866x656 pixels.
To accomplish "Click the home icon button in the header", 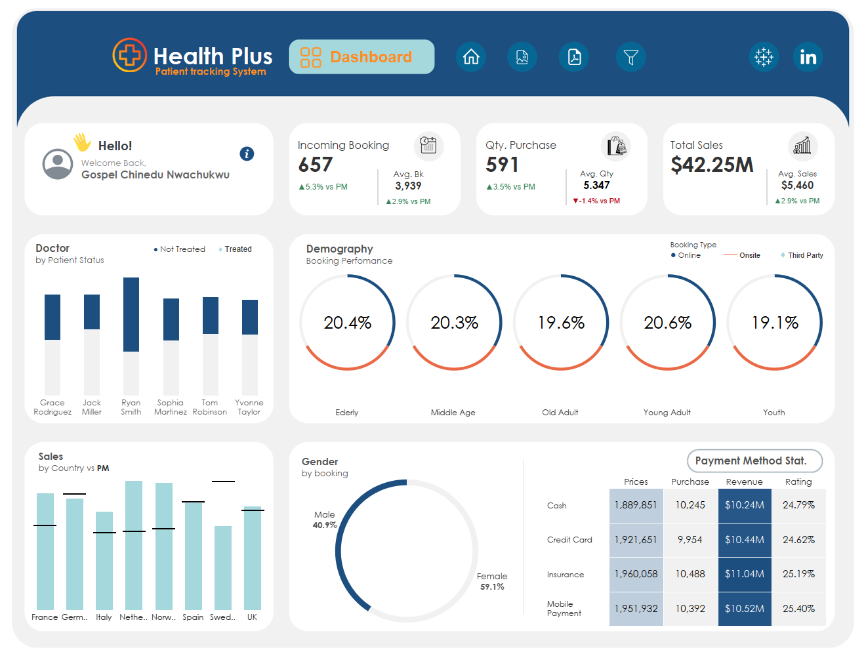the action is pos(470,57).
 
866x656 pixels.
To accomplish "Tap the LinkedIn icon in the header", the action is pos(807,57).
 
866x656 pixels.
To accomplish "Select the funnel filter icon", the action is pos(630,57).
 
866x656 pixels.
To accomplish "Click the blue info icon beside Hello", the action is pos(247,154).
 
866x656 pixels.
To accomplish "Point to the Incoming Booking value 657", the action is pos(315,164).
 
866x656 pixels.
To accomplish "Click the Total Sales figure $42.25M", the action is pos(712,164).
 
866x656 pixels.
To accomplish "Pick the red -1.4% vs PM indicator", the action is pos(596,200).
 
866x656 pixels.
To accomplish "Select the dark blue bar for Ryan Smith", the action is pos(131,314).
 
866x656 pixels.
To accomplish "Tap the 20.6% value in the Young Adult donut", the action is pos(668,322).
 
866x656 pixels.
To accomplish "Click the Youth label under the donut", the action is pos(773,412).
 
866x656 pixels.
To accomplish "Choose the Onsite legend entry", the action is pos(741,255).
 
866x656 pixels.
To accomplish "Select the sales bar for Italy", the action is pos(104,560).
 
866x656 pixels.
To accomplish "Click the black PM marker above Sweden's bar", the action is pos(223,481).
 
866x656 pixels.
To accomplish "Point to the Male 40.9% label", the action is pos(325,520).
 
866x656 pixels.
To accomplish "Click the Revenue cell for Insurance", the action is pos(744,573).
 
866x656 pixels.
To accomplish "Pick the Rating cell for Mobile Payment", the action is pos(798,608).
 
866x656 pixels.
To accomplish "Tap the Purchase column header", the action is pos(690,482).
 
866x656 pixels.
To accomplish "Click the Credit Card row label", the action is pos(569,539).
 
